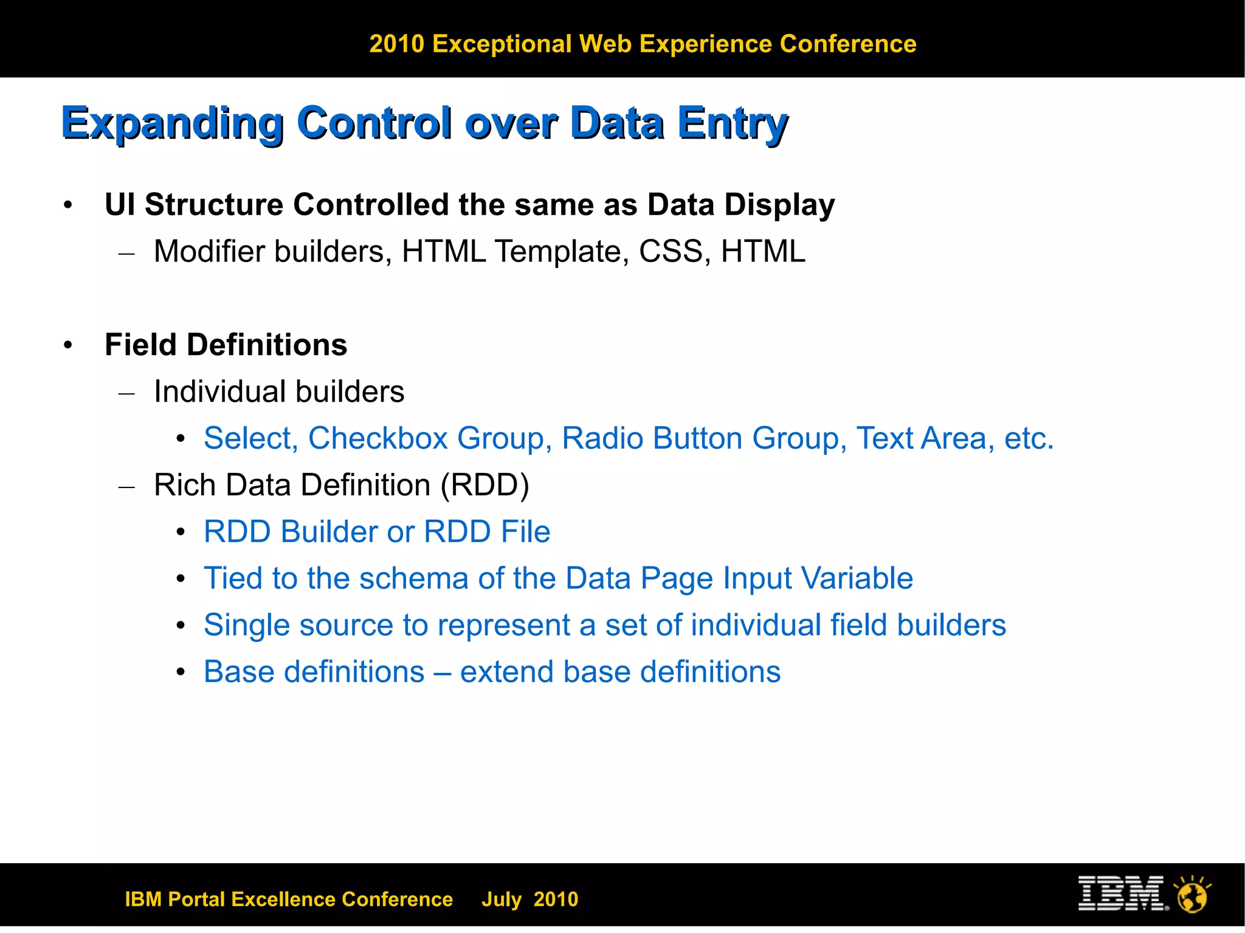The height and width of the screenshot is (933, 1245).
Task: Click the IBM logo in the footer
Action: point(1122,893)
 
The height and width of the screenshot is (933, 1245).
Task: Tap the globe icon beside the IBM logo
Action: point(1192,895)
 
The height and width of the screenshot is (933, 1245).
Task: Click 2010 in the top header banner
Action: point(396,44)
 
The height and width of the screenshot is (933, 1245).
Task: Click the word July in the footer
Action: point(502,899)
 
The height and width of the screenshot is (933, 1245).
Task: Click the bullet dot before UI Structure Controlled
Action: point(68,205)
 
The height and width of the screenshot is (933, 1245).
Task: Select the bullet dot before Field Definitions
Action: point(68,345)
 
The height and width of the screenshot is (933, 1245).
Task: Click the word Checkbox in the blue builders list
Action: point(378,438)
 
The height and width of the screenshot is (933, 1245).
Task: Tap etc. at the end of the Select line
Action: point(1029,438)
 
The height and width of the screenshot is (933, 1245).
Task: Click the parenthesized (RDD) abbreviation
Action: point(485,485)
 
